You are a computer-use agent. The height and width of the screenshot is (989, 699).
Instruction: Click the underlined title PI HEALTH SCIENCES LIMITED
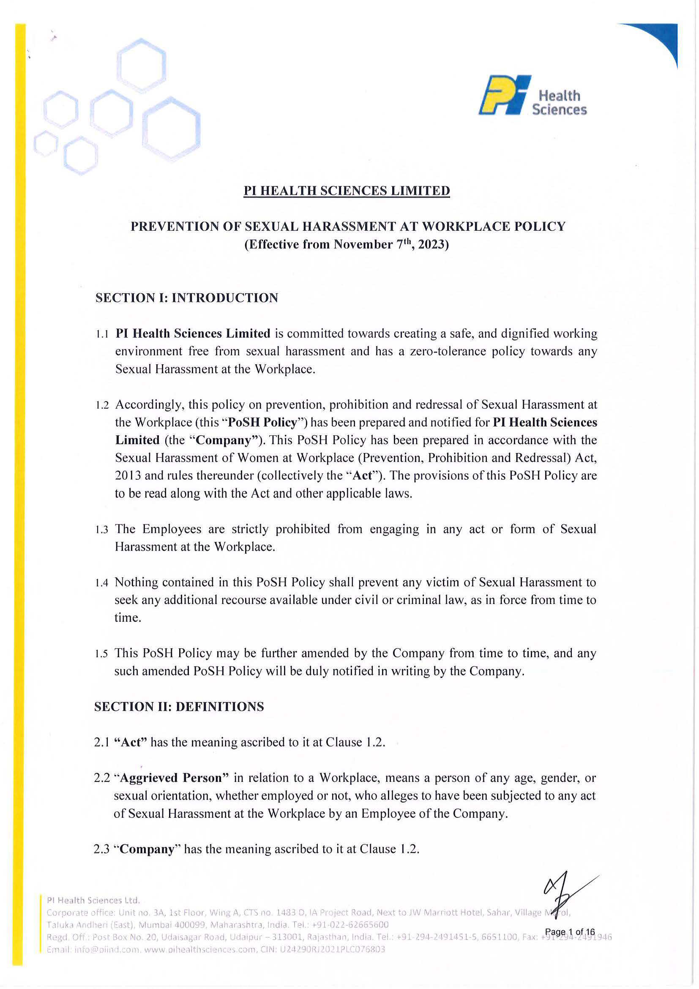(x=346, y=191)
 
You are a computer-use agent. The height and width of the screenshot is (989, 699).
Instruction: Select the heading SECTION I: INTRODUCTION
(x=186, y=298)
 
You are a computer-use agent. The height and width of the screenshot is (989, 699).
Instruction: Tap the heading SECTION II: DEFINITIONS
(x=179, y=706)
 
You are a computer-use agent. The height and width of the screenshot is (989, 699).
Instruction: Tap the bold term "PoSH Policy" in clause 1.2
(x=262, y=423)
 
